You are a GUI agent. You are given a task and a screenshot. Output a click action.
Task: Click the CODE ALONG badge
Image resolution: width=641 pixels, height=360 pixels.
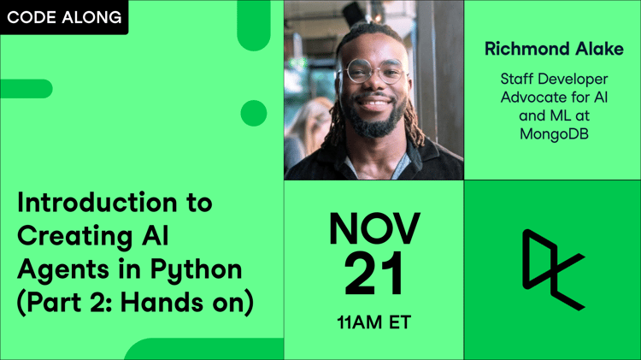tap(64, 17)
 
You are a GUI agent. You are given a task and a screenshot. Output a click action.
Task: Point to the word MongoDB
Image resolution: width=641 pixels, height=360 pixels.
tap(554, 133)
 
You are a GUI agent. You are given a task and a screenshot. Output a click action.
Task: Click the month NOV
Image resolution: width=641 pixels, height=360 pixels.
tap(374, 228)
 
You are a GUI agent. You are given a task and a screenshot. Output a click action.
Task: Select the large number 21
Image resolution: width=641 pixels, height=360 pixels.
tap(373, 274)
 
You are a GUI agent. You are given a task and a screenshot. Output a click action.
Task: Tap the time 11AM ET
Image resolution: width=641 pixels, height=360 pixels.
tap(373, 322)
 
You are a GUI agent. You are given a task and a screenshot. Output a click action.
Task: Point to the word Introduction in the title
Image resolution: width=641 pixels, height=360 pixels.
tap(97, 202)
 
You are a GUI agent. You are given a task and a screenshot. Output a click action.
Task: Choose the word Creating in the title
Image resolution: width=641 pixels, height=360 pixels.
tap(75, 238)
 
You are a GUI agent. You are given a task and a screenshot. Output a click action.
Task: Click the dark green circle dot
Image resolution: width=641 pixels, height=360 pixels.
tap(254, 113)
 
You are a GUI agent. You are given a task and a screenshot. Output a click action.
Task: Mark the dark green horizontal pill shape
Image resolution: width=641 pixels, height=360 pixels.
tap(26, 89)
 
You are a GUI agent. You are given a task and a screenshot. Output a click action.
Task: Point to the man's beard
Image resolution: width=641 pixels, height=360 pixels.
tap(373, 117)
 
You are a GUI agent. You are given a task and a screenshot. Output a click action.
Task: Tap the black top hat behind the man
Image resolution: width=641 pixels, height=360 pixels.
tap(355, 14)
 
